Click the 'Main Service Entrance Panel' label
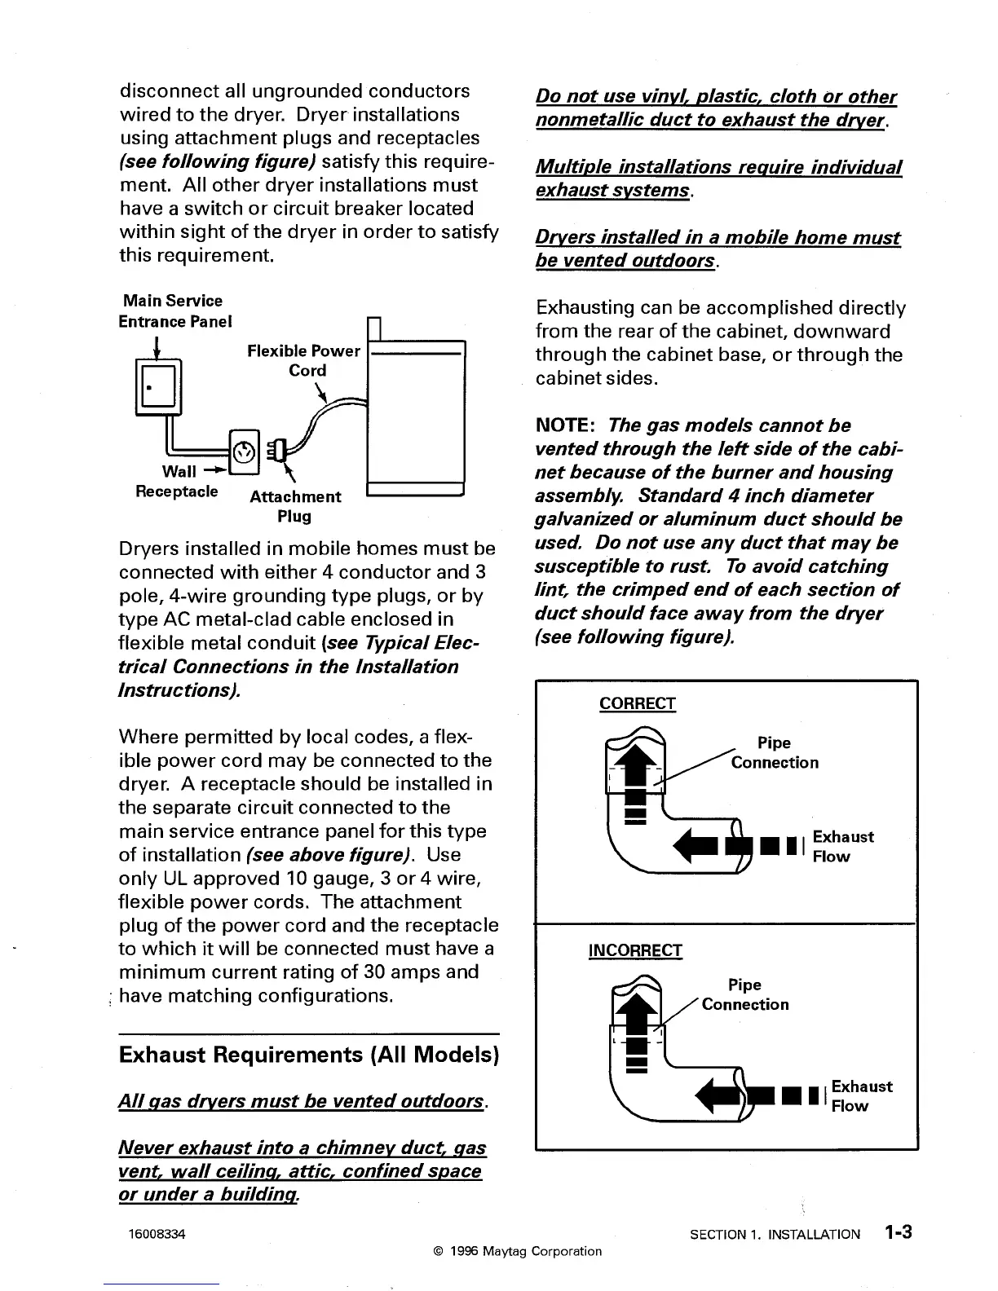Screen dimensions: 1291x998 point(174,311)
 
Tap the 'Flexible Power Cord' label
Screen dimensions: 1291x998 point(303,360)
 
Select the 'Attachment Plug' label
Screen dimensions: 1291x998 point(295,505)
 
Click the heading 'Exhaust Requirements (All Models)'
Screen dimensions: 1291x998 point(308,1055)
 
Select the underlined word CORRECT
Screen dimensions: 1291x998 point(637,703)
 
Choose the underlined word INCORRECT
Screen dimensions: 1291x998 point(635,950)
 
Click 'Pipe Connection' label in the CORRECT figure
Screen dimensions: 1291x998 point(774,752)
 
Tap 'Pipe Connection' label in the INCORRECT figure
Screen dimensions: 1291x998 point(745,994)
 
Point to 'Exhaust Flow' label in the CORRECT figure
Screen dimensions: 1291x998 point(842,846)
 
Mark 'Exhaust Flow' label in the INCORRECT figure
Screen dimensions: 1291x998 point(861,1095)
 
